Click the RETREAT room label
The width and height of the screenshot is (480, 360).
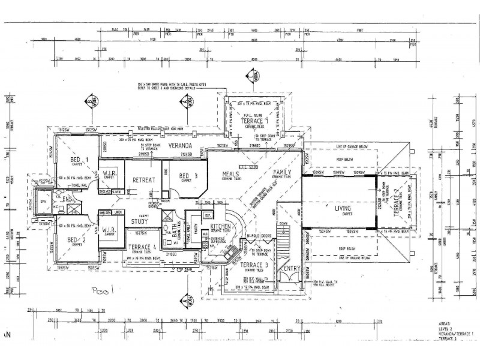point(144,179)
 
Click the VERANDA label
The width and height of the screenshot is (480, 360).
point(179,146)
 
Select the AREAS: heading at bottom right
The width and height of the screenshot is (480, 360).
point(446,322)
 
